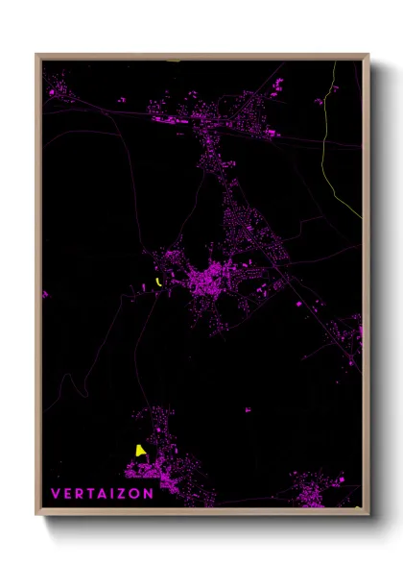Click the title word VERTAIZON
[102, 494]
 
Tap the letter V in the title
[56, 494]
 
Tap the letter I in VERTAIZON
[113, 494]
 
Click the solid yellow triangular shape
[140, 450]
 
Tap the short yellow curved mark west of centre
[156, 282]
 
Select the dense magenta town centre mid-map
[209, 281]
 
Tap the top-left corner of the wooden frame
[37, 56]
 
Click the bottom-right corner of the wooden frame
[367, 513]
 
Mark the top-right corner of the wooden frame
[367, 56]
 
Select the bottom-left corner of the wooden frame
[37, 513]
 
